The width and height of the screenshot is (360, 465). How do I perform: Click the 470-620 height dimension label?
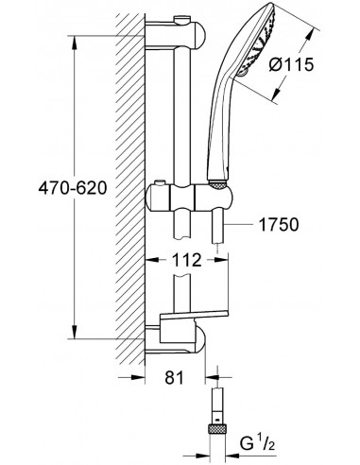[x=73, y=188]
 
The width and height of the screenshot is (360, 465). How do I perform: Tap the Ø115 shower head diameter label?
[x=291, y=64]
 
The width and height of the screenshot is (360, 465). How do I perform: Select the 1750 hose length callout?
[x=279, y=224]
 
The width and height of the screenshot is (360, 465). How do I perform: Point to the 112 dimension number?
[x=186, y=260]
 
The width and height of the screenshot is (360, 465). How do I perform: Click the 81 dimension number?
[x=174, y=377]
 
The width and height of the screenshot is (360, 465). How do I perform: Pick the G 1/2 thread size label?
[x=257, y=443]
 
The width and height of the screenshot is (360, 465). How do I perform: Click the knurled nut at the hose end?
[x=217, y=429]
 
